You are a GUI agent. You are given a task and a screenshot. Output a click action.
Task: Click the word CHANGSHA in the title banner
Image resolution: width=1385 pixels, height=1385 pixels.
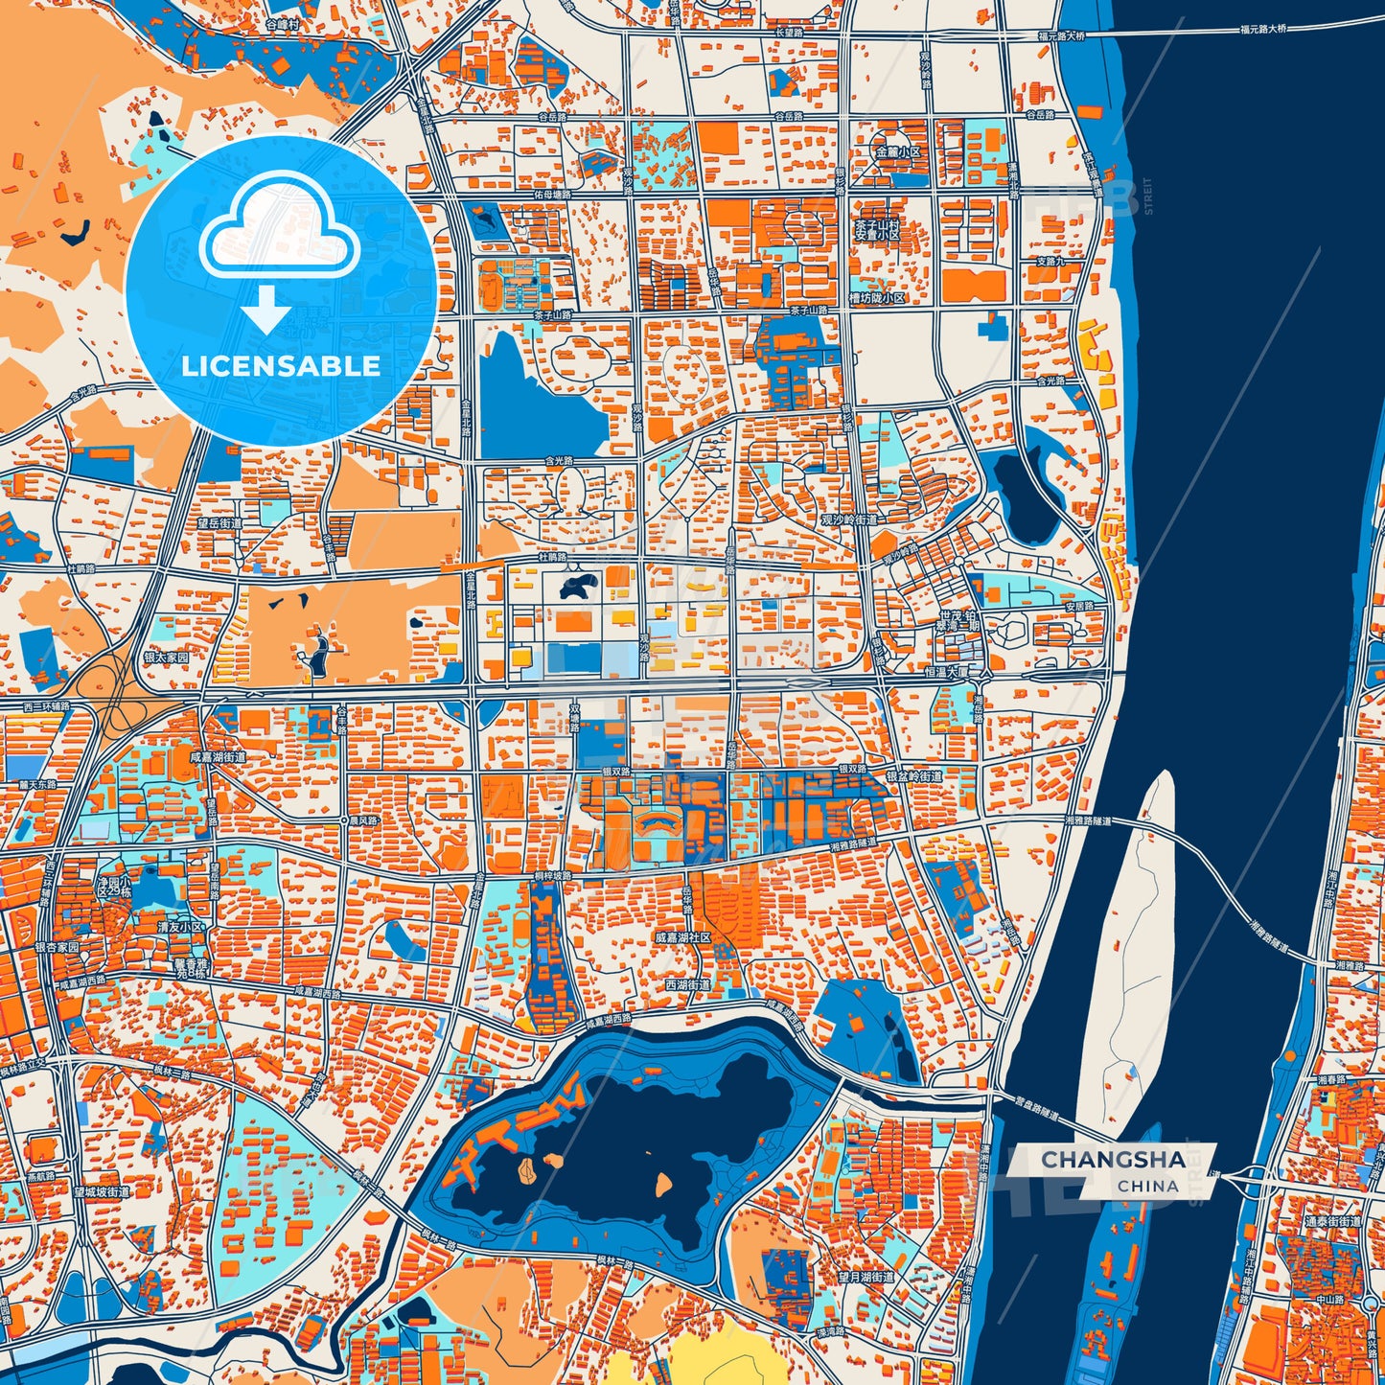tap(1113, 1160)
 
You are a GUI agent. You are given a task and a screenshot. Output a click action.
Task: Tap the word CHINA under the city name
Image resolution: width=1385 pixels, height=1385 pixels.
tap(1147, 1186)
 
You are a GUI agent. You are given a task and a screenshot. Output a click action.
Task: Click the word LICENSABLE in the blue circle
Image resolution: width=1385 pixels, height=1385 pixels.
tap(281, 366)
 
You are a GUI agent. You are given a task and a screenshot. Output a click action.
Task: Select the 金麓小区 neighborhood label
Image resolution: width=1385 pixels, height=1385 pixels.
tap(896, 152)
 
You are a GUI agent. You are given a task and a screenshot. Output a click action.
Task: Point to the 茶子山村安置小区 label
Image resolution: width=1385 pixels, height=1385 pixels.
tap(877, 228)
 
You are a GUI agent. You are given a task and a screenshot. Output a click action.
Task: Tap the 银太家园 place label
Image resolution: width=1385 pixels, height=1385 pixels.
tap(166, 658)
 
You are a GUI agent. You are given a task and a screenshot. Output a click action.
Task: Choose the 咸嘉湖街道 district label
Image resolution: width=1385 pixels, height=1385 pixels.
tap(218, 756)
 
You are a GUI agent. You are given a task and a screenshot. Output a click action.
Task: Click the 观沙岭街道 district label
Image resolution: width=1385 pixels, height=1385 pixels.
tap(848, 519)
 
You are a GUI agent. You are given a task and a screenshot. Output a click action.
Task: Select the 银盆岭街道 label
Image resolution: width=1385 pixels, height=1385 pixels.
tap(913, 776)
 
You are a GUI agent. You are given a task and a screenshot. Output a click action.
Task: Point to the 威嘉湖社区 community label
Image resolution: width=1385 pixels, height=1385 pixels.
tap(682, 937)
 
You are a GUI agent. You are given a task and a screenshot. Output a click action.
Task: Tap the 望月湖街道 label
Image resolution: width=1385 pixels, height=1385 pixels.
tap(866, 1277)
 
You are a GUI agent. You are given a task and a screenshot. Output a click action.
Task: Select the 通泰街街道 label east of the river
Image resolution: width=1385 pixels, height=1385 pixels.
tap(1331, 1222)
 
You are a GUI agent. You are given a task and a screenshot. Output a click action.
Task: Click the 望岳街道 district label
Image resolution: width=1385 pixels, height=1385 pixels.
tap(219, 523)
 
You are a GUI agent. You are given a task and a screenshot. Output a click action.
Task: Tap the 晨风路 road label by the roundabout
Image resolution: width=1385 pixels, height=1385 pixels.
tap(363, 821)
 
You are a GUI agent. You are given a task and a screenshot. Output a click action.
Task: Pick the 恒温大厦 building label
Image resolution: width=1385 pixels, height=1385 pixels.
tap(946, 673)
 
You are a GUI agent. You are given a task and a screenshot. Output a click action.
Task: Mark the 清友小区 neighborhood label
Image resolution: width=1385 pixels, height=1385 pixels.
tap(181, 927)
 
